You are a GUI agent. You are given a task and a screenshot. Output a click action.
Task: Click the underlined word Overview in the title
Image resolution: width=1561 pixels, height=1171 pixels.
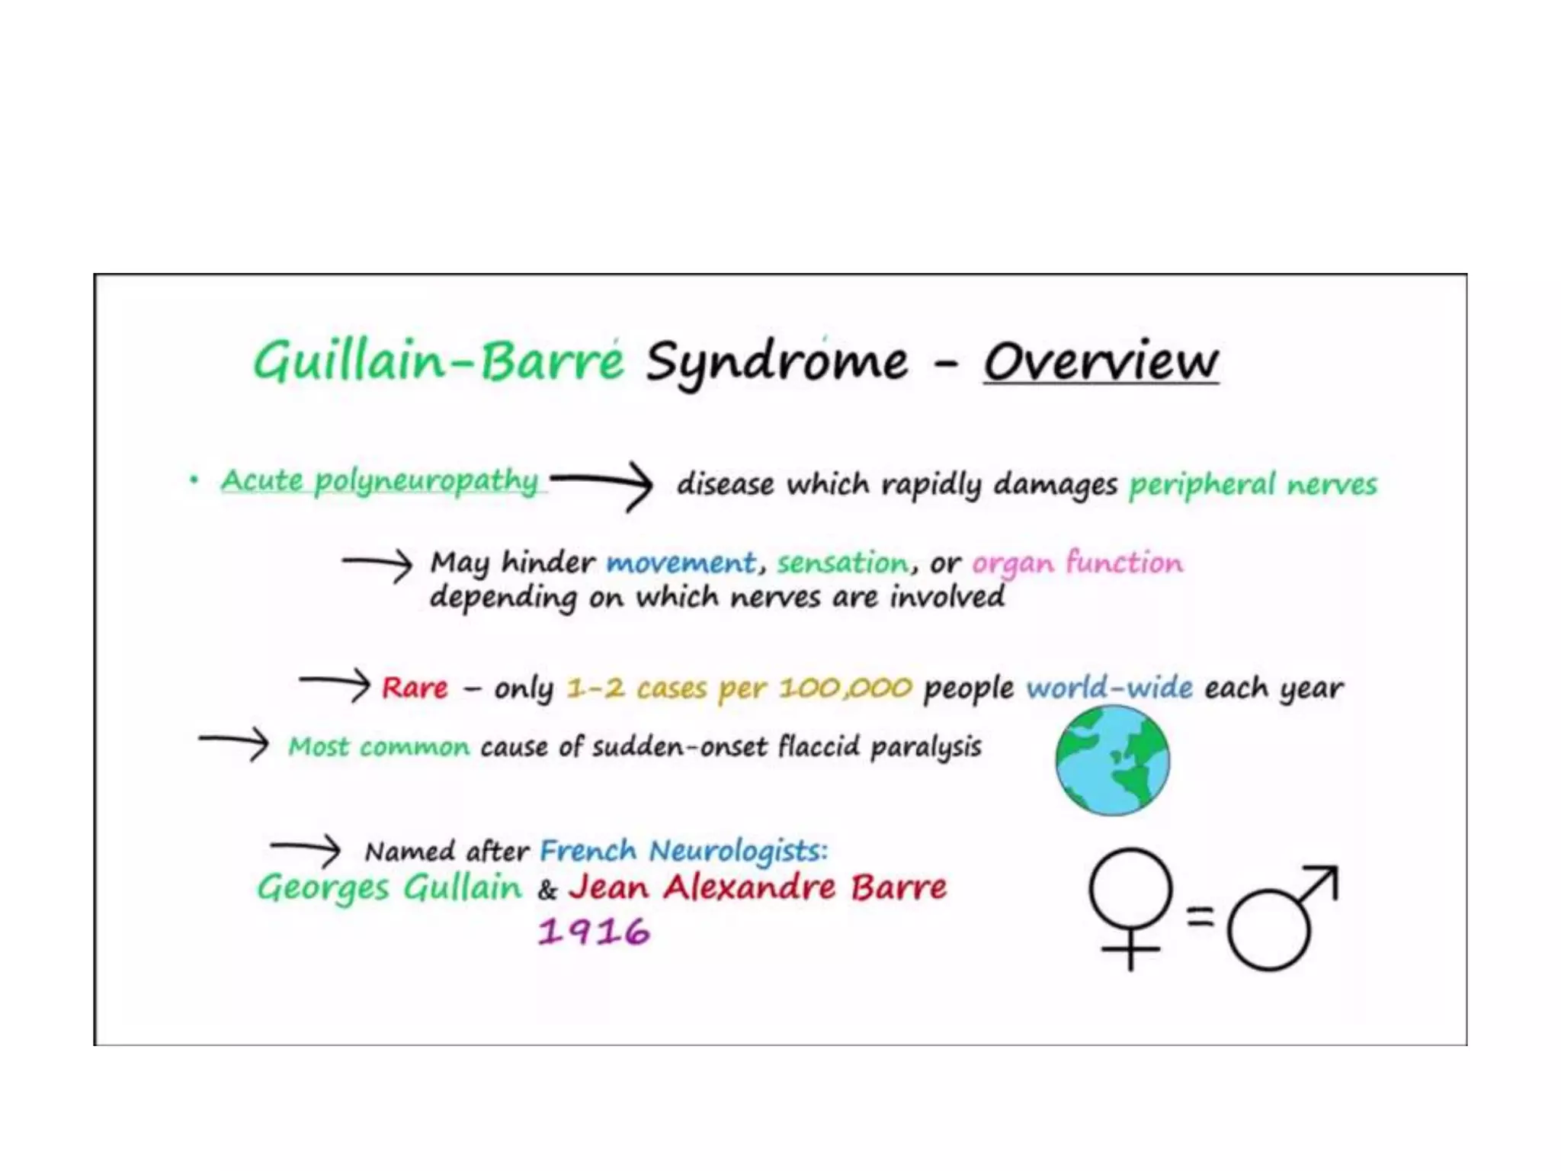coord(1101,362)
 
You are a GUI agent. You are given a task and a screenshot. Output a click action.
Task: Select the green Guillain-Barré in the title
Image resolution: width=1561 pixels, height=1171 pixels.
coord(438,361)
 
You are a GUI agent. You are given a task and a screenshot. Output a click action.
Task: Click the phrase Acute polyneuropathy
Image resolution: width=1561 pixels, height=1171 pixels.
coord(380,481)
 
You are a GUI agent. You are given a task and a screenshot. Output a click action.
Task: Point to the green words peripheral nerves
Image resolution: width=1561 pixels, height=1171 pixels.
coord(1253,484)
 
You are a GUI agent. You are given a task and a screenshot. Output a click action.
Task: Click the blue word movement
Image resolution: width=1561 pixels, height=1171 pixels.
coord(681,563)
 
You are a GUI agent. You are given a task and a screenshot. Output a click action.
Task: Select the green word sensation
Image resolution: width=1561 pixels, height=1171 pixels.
coord(843,563)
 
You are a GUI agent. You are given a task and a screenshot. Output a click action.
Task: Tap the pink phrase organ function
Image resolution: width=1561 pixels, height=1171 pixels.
coord(1077,563)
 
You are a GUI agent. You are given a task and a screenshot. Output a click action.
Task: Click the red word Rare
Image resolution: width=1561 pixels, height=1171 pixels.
coord(415,687)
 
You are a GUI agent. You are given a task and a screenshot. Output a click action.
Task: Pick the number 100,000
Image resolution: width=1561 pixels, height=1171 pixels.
coord(845,688)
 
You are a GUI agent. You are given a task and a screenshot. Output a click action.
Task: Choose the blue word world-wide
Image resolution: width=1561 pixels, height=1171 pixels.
coord(1109,688)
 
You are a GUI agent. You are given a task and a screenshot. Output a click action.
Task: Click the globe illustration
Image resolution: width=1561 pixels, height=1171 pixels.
coord(1112,760)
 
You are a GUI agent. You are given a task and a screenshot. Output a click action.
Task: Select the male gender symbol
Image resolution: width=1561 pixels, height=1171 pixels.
coord(1281,919)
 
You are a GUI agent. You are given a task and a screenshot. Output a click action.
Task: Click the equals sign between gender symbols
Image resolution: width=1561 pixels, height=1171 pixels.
coord(1200,915)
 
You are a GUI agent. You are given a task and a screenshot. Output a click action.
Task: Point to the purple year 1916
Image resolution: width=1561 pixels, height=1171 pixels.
coord(594,932)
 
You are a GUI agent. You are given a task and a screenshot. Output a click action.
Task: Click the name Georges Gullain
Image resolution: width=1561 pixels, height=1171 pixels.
coord(389,887)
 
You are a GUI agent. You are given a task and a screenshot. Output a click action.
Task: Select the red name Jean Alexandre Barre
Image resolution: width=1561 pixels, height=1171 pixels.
coord(758,887)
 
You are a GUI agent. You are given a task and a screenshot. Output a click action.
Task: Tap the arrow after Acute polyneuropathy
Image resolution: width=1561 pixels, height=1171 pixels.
coord(602,483)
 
